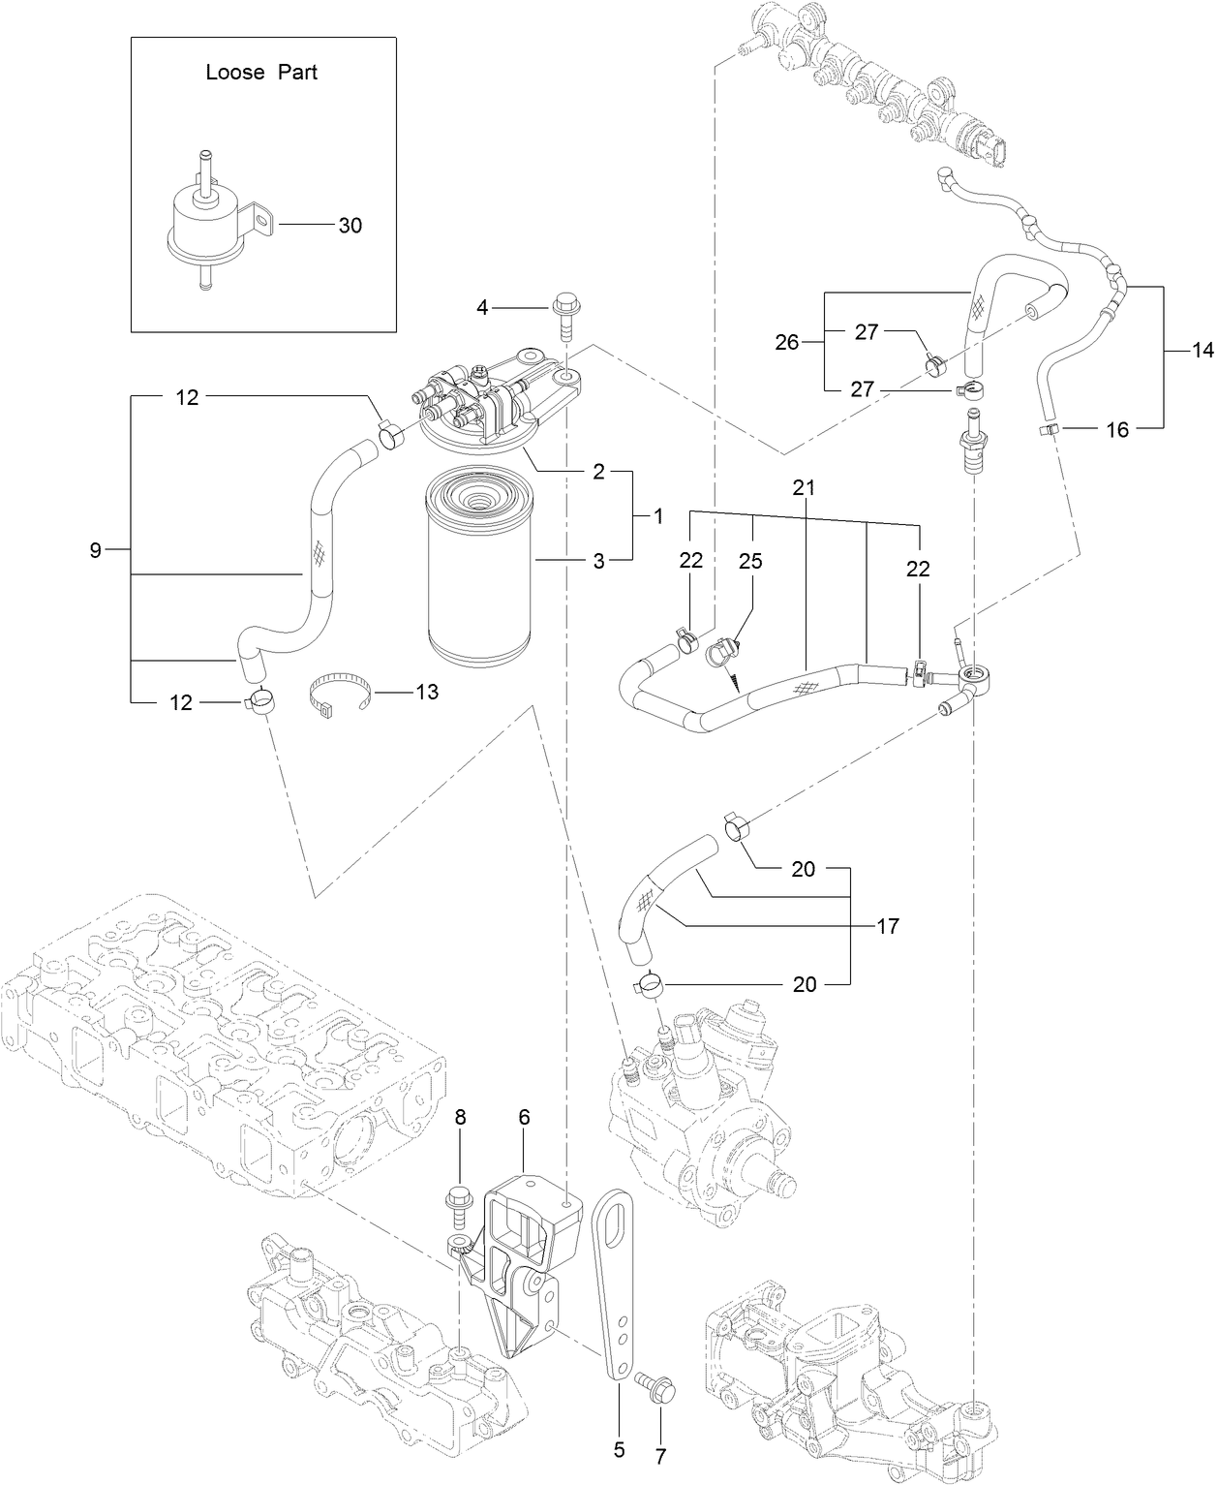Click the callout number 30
[350, 226]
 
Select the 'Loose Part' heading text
[261, 73]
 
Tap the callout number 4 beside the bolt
[482, 308]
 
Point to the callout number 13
[426, 692]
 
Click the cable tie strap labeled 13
[339, 694]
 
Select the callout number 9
[95, 551]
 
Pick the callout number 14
[1202, 351]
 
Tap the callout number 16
[1117, 429]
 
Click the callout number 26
[787, 341]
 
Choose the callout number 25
[751, 561]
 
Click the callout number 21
[804, 488]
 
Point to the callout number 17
[887, 927]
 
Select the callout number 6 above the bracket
[524, 1117]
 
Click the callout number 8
[461, 1117]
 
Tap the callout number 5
[619, 1449]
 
